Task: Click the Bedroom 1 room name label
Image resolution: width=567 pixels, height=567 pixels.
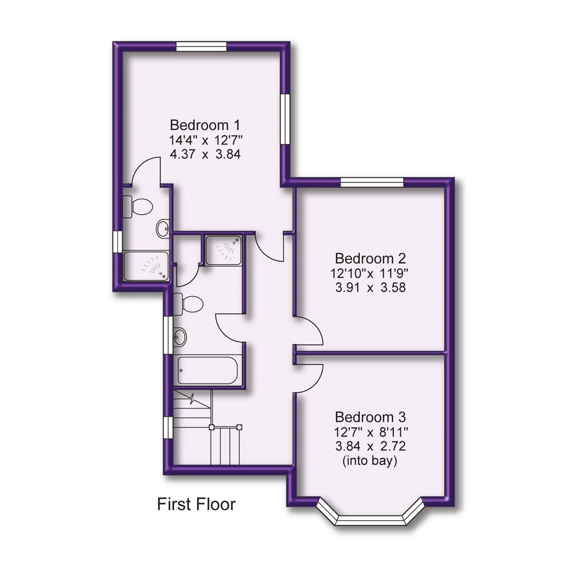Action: pyautogui.click(x=205, y=125)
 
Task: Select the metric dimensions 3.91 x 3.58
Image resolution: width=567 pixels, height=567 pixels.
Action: pyautogui.click(x=370, y=288)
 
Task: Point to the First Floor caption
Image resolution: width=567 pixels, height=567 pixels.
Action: pyautogui.click(x=196, y=505)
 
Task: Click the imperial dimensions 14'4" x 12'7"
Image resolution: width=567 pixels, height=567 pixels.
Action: pyautogui.click(x=205, y=140)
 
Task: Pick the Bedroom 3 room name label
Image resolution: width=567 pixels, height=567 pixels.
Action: pyautogui.click(x=370, y=417)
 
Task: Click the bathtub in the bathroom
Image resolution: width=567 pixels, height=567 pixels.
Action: pyautogui.click(x=208, y=371)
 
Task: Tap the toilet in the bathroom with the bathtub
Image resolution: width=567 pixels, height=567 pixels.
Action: pyautogui.click(x=188, y=303)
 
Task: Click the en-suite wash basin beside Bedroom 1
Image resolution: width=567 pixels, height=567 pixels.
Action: pyautogui.click(x=163, y=228)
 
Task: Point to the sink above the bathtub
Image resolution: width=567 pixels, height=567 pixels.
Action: pyautogui.click(x=180, y=337)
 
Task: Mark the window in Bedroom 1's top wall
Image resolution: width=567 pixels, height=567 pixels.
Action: pyautogui.click(x=202, y=47)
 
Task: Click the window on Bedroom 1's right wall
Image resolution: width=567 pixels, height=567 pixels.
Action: pyautogui.click(x=285, y=118)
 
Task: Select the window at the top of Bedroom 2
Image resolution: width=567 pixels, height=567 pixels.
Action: pyautogui.click(x=372, y=182)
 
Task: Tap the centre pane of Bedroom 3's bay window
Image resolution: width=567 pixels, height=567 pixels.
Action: pyautogui.click(x=370, y=520)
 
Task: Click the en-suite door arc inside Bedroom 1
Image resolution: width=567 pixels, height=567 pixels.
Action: pyautogui.click(x=144, y=171)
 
